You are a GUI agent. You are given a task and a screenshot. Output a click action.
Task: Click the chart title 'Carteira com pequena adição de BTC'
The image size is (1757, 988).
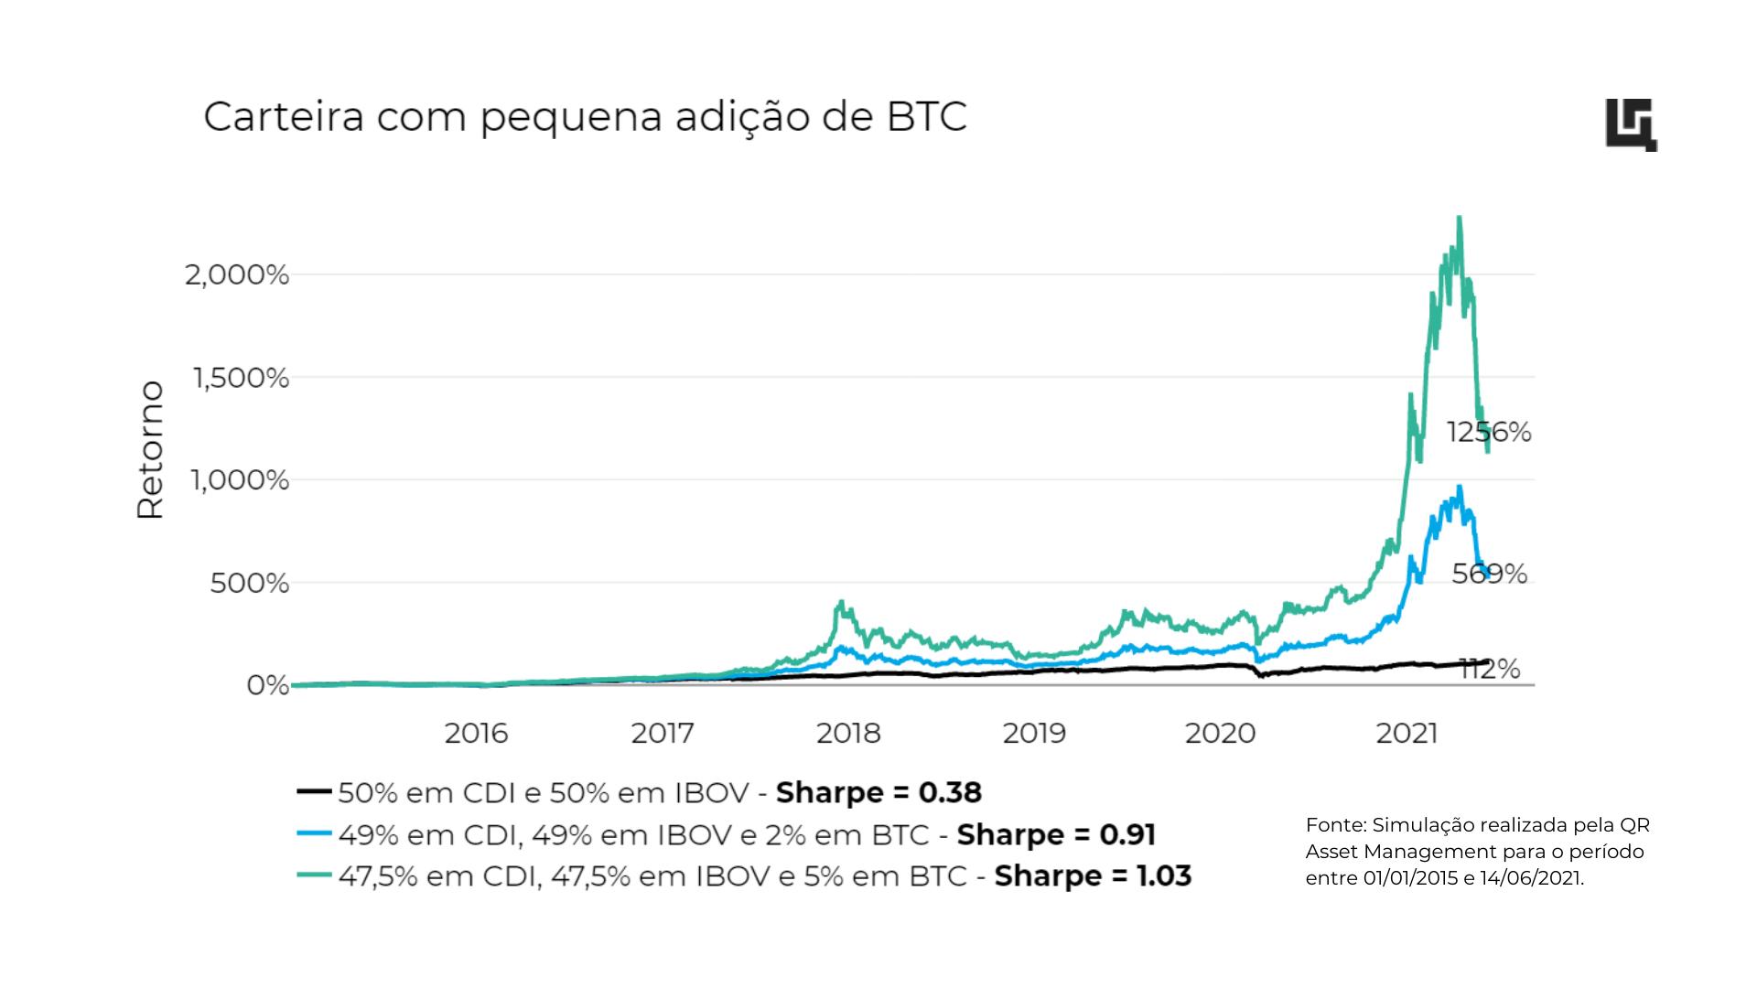click(x=585, y=118)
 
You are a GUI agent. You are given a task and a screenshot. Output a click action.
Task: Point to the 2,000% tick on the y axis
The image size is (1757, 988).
click(x=237, y=274)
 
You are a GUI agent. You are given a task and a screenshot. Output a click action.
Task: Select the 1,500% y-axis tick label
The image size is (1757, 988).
click(x=240, y=377)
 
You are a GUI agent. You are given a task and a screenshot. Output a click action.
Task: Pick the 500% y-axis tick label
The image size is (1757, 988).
click(x=249, y=583)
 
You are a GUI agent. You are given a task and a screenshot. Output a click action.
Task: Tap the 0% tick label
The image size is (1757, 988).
click(x=267, y=685)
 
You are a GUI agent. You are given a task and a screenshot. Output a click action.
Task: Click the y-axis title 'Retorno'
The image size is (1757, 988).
click(x=150, y=450)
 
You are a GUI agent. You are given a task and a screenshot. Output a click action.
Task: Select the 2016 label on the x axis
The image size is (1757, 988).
click(x=476, y=734)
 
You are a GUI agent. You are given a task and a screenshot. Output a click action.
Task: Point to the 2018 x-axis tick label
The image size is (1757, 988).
click(x=848, y=734)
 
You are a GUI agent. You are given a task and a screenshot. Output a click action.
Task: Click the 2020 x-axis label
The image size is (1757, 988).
click(x=1221, y=734)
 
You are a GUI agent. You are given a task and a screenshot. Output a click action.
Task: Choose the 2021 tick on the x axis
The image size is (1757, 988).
click(x=1407, y=734)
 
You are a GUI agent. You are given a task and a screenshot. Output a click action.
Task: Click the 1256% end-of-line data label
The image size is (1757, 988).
click(x=1489, y=432)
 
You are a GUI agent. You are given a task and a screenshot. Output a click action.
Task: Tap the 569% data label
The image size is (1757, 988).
click(x=1490, y=574)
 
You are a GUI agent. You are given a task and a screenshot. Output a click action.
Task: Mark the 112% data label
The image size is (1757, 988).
click(x=1490, y=670)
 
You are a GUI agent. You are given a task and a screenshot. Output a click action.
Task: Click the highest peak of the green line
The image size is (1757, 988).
click(x=1459, y=218)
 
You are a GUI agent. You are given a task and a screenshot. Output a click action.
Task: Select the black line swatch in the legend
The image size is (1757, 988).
click(x=313, y=792)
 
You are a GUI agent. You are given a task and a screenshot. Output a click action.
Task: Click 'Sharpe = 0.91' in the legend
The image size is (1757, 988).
click(x=1056, y=834)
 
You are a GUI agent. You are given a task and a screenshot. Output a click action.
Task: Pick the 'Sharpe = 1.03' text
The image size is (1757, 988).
click(x=1093, y=876)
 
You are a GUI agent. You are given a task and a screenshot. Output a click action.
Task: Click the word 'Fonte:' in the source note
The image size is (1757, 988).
click(x=1336, y=825)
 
